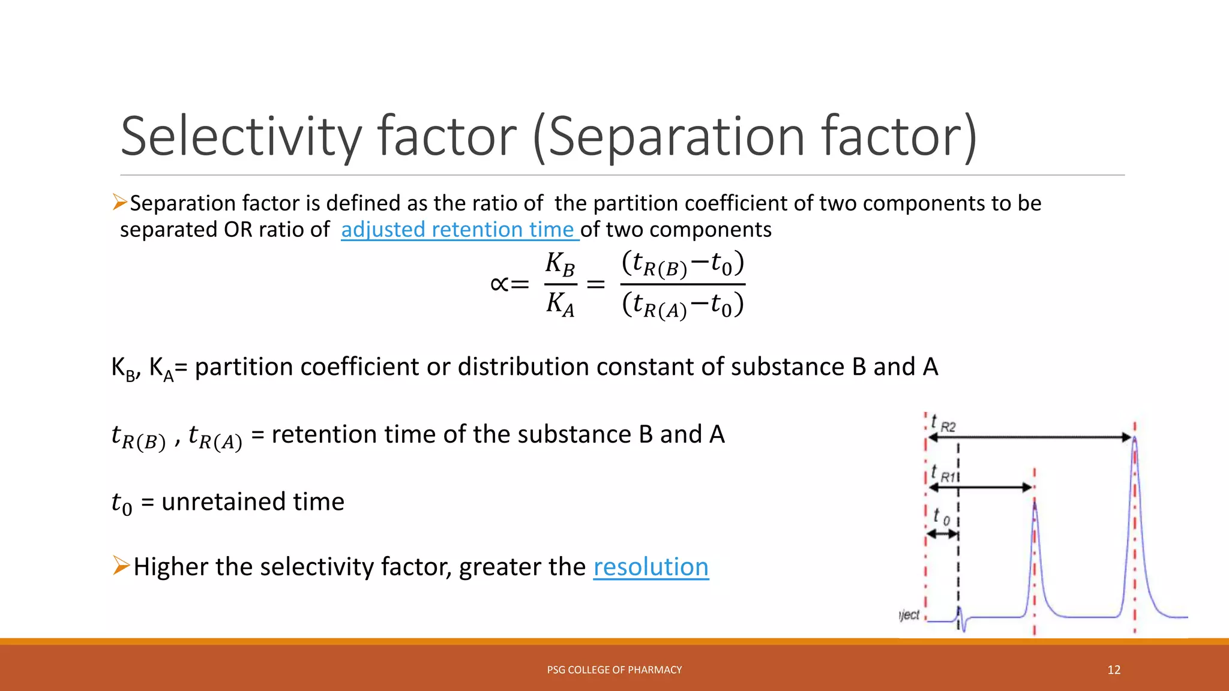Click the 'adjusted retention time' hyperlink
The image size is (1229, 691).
pos(459,230)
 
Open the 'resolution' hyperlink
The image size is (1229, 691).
pos(651,567)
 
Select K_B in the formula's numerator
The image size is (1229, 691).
pos(560,264)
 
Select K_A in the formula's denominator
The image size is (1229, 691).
pos(560,304)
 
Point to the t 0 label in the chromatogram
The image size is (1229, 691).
pos(941,516)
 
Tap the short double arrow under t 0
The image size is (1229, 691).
pos(942,533)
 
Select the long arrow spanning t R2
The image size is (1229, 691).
pos(1029,438)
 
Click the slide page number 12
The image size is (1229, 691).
pos(1114,670)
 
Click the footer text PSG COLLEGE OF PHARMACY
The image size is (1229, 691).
pos(614,670)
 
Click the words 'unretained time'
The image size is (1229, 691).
pos(253,502)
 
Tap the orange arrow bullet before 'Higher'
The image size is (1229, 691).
pos(121,566)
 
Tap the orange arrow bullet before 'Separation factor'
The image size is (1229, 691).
pos(119,203)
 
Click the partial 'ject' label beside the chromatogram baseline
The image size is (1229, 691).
pos(909,615)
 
